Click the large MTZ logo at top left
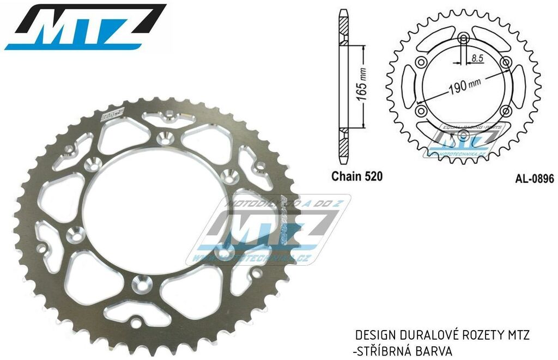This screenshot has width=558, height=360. (84, 27)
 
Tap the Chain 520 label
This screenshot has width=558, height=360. (357, 176)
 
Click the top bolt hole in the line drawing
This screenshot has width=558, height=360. (463, 38)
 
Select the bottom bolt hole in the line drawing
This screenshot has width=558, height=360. (463, 135)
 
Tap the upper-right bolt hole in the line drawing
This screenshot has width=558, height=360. (505, 62)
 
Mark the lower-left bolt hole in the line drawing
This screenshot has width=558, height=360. (421, 111)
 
